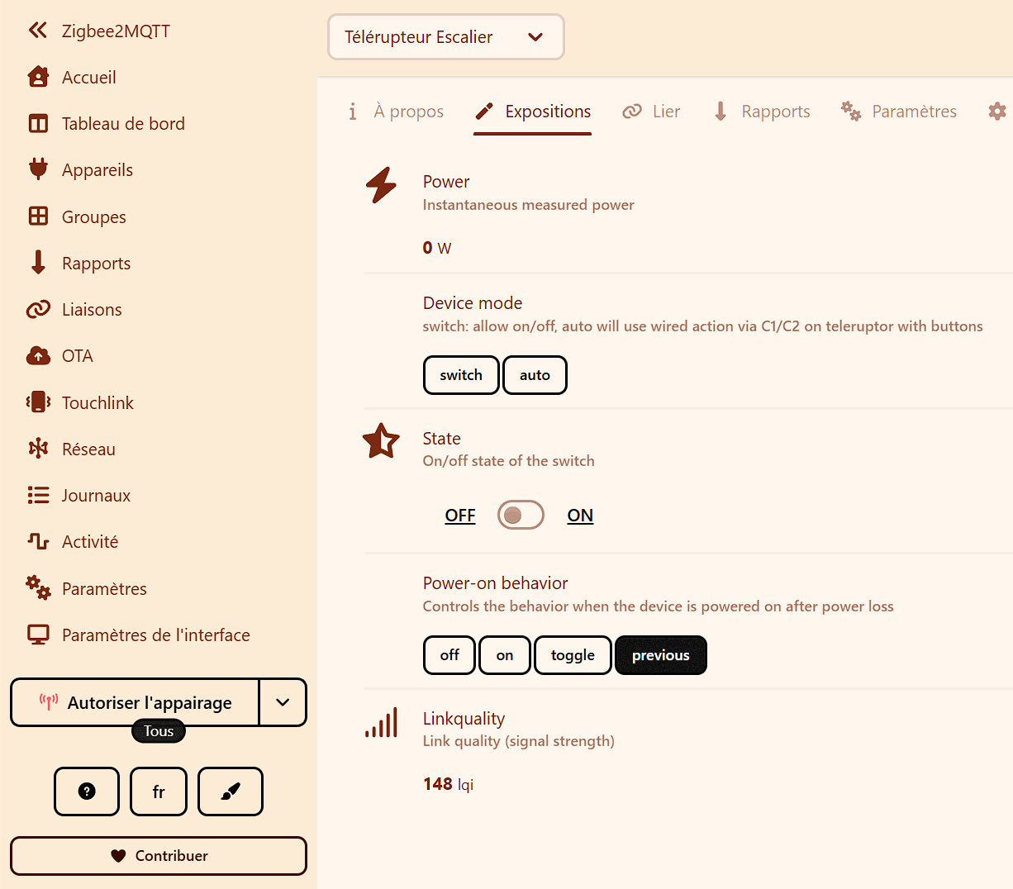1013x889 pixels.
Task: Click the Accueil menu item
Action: pyautogui.click(x=72, y=78)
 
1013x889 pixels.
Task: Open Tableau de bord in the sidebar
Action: pyautogui.click(x=106, y=123)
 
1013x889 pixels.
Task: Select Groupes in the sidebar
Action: pyautogui.click(x=76, y=216)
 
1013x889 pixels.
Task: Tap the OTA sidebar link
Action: pyautogui.click(x=59, y=356)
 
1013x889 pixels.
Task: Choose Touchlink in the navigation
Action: pyautogui.click(x=80, y=402)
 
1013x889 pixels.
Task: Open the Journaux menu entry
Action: pyautogui.click(x=78, y=496)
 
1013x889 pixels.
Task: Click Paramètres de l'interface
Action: pyautogui.click(x=138, y=635)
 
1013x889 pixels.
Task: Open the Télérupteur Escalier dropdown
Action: pyautogui.click(x=446, y=37)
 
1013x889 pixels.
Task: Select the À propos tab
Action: pyautogui.click(x=396, y=111)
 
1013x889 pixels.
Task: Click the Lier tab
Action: pyautogui.click(x=651, y=111)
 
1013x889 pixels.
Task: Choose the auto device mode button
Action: pyautogui.click(x=535, y=375)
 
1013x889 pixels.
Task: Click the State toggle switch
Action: pyautogui.click(x=521, y=515)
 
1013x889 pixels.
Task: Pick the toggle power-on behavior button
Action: pyautogui.click(x=573, y=655)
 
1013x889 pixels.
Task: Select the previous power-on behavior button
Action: pyautogui.click(x=660, y=655)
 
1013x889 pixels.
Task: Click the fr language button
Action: pyautogui.click(x=159, y=792)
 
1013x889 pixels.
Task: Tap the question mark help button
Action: pyautogui.click(x=87, y=792)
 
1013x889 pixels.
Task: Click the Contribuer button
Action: pyautogui.click(x=159, y=855)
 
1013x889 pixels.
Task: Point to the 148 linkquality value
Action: pyautogui.click(x=437, y=783)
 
